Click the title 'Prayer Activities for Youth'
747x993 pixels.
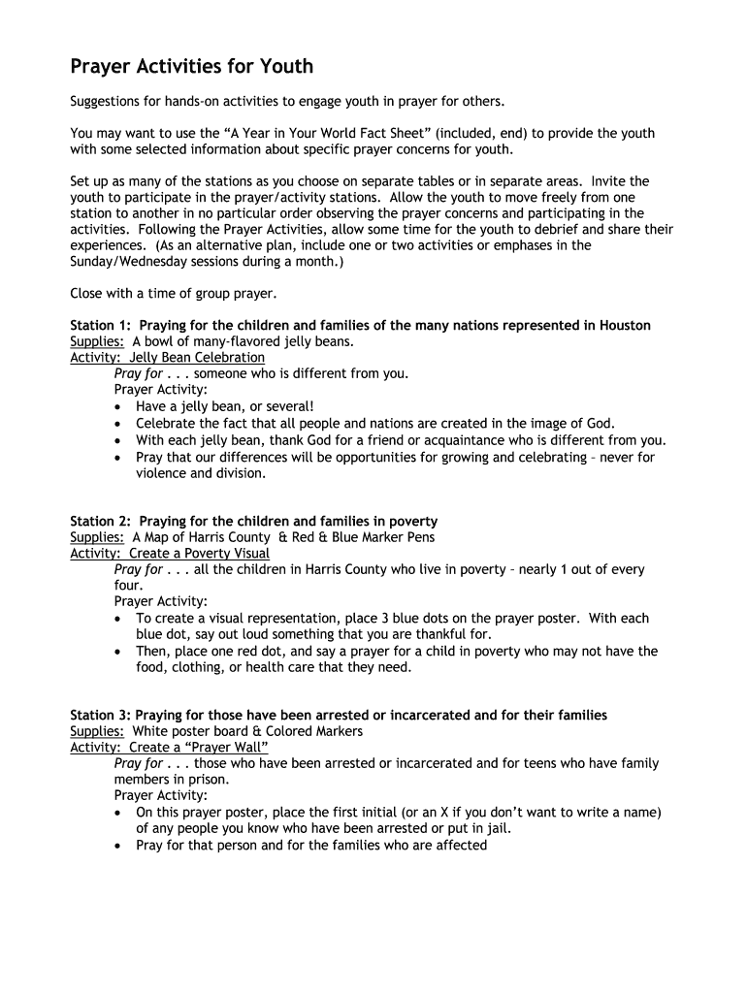191,67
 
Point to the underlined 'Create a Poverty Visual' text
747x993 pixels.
200,554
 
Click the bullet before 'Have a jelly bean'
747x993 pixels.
118,407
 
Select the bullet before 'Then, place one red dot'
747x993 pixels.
118,652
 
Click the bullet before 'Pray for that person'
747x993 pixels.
118,846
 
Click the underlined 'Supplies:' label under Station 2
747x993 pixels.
97,537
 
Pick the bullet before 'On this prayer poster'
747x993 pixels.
118,813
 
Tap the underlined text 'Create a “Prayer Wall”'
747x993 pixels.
199,748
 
